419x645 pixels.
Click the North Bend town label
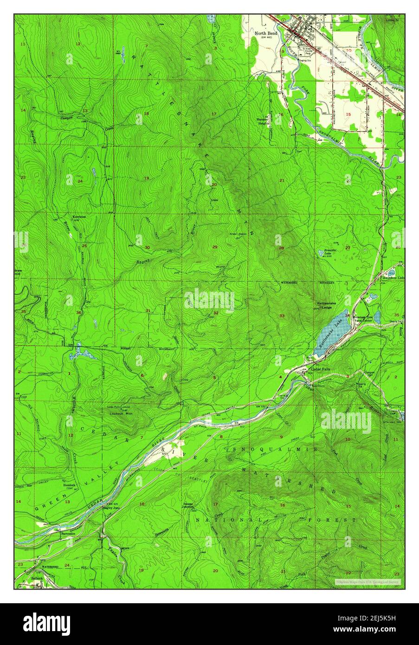(x=266, y=34)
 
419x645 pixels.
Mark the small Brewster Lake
(x=321, y=253)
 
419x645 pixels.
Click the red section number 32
(x=216, y=313)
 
